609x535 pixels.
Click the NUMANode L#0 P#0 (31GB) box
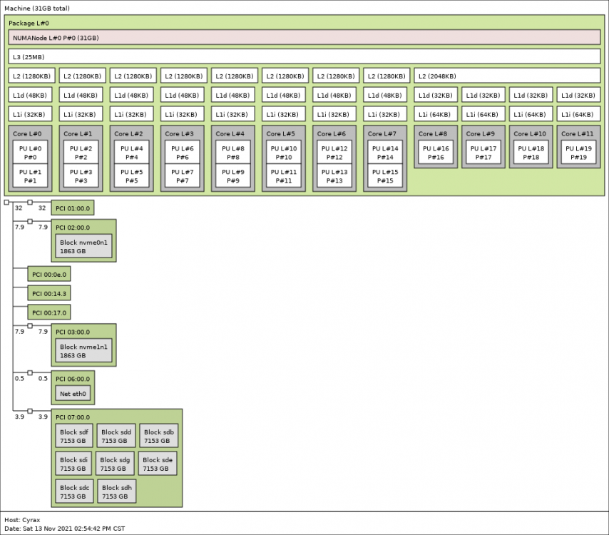coord(304,38)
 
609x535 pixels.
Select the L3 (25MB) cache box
coord(304,57)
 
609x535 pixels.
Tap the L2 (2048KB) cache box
coord(507,76)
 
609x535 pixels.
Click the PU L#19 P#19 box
coord(578,153)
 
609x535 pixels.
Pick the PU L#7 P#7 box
coord(182,176)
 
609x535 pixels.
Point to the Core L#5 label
coord(281,133)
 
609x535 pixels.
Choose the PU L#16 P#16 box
coord(436,153)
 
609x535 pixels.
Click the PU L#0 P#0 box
coord(30,153)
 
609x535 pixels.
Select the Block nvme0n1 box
coord(83,246)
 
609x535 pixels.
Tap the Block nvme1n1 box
coord(83,351)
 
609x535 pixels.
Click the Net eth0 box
coord(73,394)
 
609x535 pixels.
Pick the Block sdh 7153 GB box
coord(116,492)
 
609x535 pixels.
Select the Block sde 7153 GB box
coord(158,464)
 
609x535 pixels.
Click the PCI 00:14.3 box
coord(49,293)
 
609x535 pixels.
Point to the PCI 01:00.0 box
coord(73,208)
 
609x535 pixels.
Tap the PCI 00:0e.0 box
coord(49,275)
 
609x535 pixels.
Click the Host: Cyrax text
coord(22,520)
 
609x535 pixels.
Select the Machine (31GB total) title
coord(37,8)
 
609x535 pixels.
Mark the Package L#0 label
coord(29,23)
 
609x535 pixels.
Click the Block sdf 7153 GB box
coord(74,436)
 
